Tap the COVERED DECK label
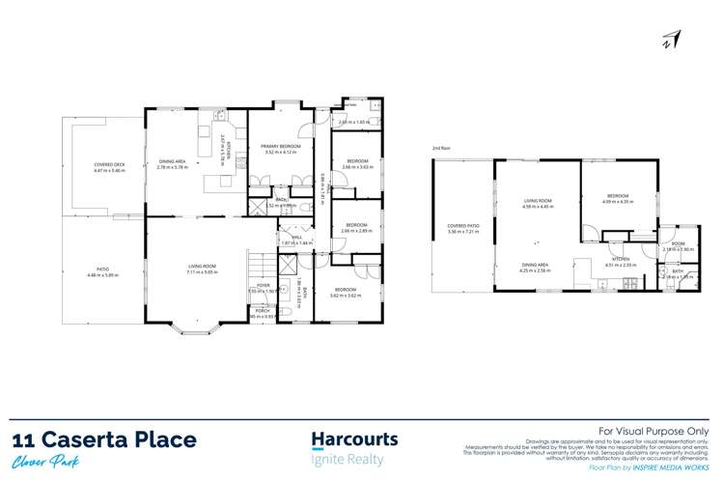point(109,164)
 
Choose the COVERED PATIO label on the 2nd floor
point(463,226)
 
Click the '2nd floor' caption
point(442,147)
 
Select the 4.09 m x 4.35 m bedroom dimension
point(617,201)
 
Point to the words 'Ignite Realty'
point(348,460)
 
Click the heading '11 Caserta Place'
point(104,440)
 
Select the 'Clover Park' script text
point(47,463)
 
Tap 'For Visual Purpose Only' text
point(653,431)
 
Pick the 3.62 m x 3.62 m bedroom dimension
point(346,295)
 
